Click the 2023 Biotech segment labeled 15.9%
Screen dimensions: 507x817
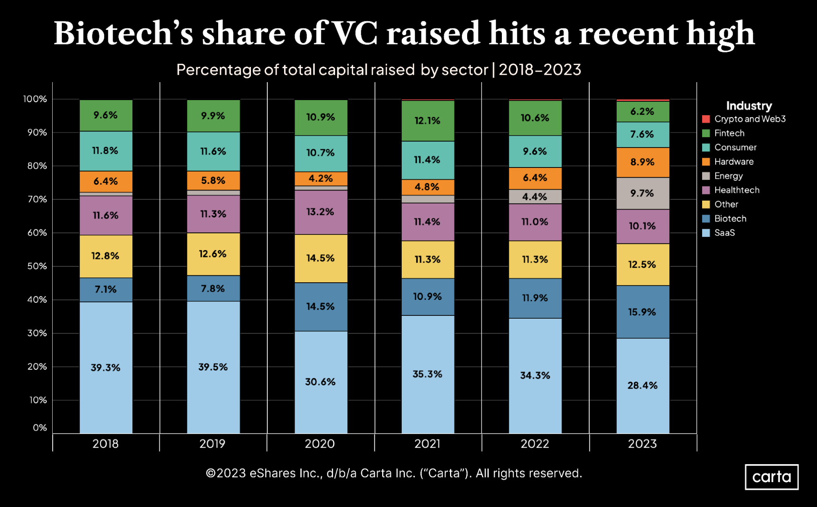(x=642, y=312)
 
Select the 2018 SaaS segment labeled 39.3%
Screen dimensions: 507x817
(x=106, y=367)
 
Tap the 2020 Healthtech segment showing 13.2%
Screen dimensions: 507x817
(x=321, y=212)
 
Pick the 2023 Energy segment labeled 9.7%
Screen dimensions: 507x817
(x=642, y=193)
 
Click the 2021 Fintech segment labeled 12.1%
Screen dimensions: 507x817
(x=428, y=121)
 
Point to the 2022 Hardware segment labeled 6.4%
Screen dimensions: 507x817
(x=535, y=178)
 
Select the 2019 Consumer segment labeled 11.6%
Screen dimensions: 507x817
(x=213, y=151)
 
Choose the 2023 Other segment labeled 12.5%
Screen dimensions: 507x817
(x=642, y=264)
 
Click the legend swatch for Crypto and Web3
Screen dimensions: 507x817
(x=706, y=119)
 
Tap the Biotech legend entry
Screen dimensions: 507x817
(x=730, y=219)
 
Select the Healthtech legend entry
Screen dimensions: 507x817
(x=736, y=190)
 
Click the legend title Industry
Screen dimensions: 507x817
(x=749, y=106)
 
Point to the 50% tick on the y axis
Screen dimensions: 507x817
(x=37, y=266)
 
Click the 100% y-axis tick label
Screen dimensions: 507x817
(x=35, y=99)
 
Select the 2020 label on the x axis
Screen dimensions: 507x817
(x=320, y=444)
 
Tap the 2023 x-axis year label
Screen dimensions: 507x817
(x=642, y=444)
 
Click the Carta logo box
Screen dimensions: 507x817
(x=771, y=477)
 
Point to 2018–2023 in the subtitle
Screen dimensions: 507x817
(x=539, y=70)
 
